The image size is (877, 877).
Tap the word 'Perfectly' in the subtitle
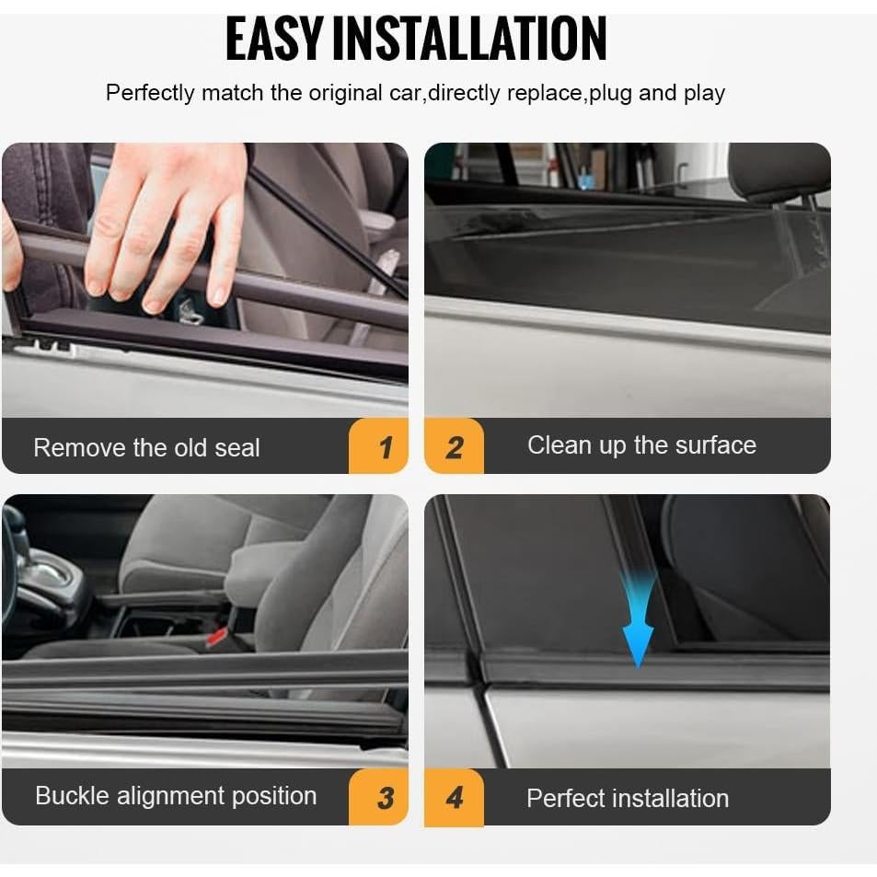click(150, 93)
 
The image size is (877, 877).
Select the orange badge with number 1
click(380, 447)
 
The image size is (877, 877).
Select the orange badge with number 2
click(454, 447)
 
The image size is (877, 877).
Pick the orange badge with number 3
click(380, 797)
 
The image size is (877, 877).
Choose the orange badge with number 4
click(454, 797)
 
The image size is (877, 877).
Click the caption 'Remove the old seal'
click(146, 448)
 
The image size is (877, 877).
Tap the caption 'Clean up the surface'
click(641, 445)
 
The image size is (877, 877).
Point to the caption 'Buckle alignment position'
click(175, 796)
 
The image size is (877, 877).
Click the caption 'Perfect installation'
click(627, 798)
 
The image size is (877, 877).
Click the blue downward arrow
click(638, 626)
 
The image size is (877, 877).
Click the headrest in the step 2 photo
click(779, 172)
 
